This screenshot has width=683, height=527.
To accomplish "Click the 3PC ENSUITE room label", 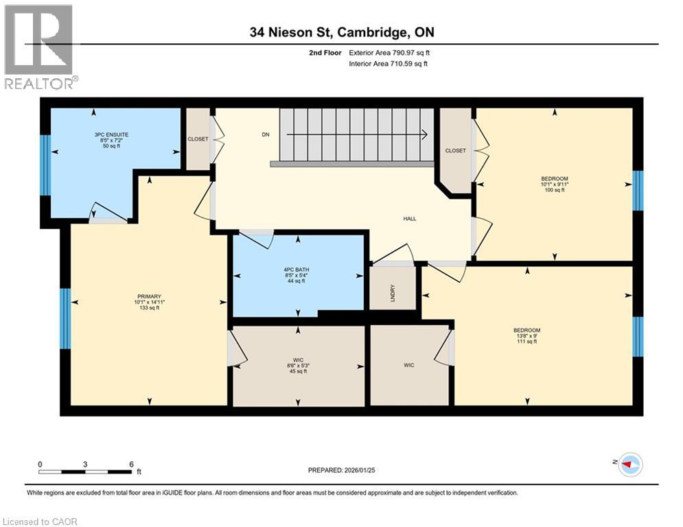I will [x=112, y=134].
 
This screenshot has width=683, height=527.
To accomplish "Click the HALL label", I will [x=410, y=219].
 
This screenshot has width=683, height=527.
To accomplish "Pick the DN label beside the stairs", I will [x=266, y=134].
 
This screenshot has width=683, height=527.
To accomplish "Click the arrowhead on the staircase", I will [x=426, y=134].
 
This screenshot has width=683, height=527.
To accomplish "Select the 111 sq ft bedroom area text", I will [x=526, y=341].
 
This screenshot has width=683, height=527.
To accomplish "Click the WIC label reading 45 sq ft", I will [x=298, y=371].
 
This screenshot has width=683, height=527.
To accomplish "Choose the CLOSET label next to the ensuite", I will [x=198, y=139].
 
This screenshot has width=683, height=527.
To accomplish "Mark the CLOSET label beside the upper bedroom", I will [x=455, y=151].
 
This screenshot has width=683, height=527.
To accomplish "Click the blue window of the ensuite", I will [x=45, y=165].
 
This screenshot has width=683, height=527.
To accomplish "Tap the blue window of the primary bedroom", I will [x=65, y=318].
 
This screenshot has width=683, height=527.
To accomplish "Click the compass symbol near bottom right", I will [x=629, y=465].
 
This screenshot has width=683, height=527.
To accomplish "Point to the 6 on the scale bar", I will [x=130, y=465].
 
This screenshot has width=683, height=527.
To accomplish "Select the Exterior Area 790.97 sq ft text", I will [x=390, y=52].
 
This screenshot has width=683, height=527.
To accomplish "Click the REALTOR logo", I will [x=40, y=47].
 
